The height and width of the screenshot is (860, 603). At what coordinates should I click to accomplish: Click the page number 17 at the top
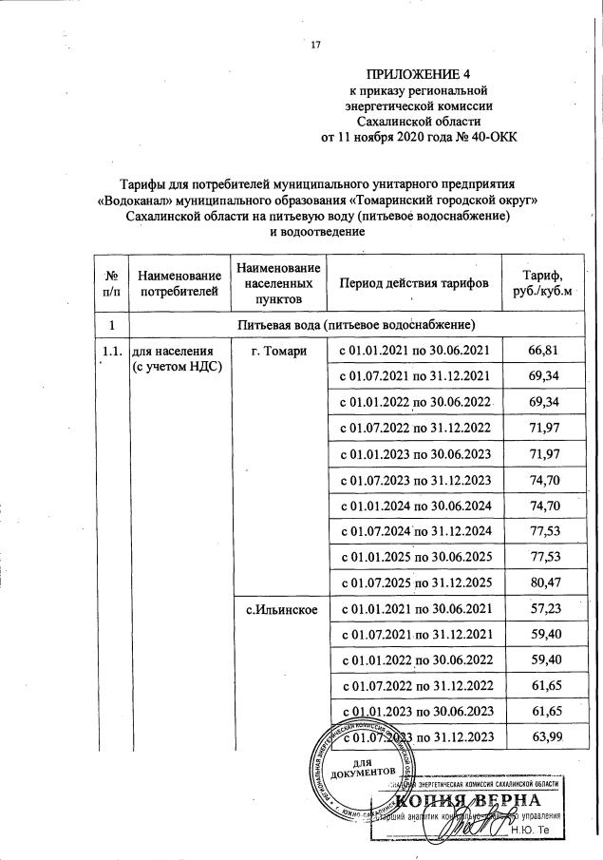(317, 43)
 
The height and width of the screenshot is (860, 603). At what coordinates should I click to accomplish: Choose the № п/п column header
(110, 283)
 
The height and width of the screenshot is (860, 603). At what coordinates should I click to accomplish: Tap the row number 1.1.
(111, 352)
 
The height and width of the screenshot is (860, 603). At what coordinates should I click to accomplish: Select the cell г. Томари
(278, 352)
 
